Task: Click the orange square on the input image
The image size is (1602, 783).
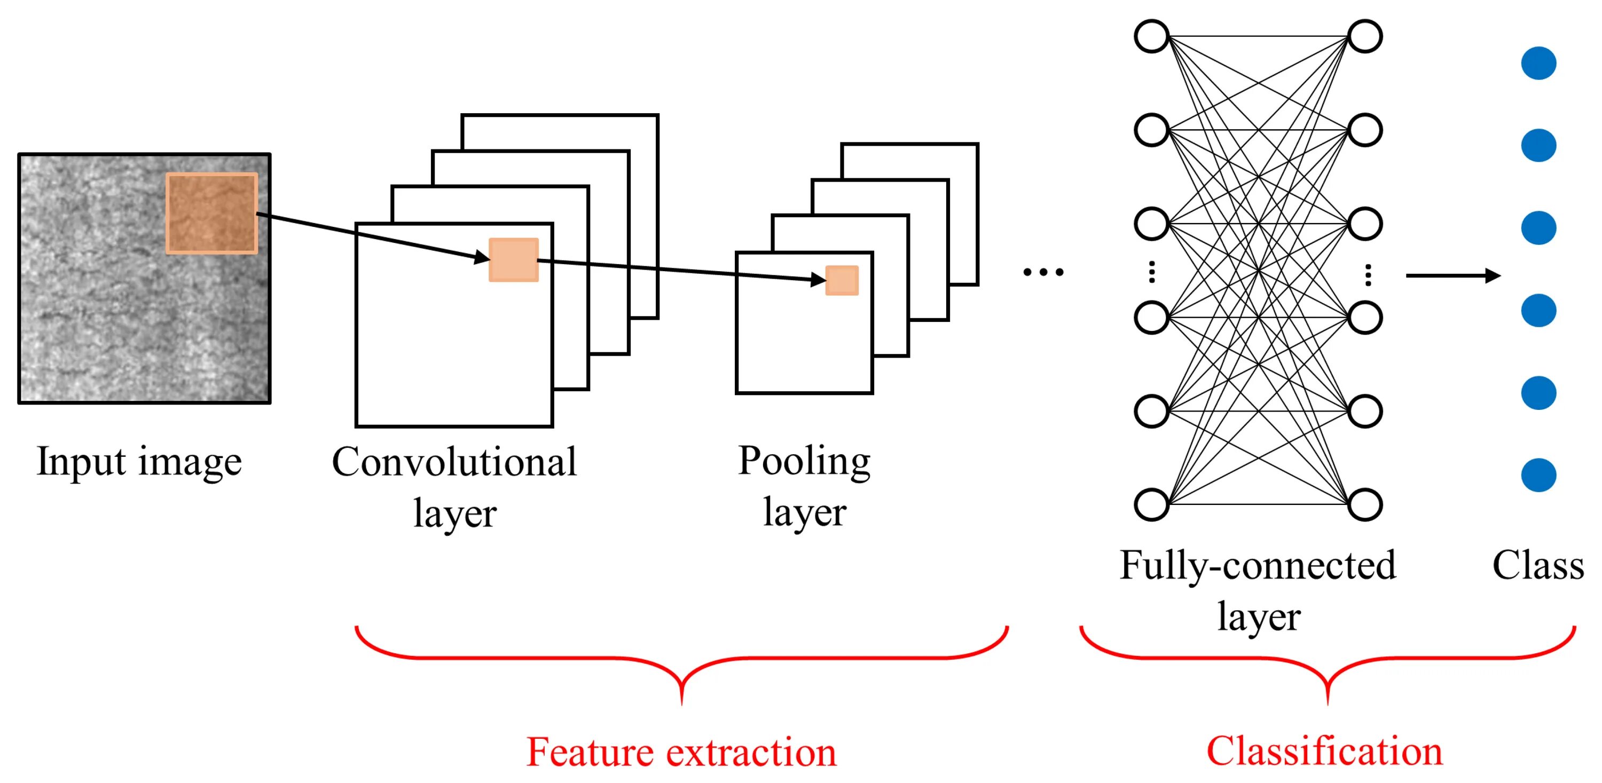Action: [x=211, y=213]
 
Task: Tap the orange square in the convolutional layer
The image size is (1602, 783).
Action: [x=514, y=260]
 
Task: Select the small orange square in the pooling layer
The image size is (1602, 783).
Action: [x=842, y=280]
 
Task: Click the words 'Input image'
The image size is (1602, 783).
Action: [x=139, y=462]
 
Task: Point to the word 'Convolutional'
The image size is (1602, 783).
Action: [x=454, y=462]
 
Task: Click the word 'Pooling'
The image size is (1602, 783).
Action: [x=804, y=462]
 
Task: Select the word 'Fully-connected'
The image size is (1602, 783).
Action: [x=1258, y=566]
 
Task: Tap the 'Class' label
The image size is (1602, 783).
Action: [x=1538, y=566]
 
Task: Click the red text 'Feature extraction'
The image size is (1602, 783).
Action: [x=681, y=752]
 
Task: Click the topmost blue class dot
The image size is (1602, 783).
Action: [x=1538, y=64]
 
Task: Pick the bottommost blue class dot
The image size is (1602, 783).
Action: [x=1538, y=475]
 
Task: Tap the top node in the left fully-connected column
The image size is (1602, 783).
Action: [x=1152, y=36]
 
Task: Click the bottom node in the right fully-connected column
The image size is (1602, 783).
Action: [x=1365, y=504]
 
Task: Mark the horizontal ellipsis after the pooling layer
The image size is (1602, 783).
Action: [x=1043, y=272]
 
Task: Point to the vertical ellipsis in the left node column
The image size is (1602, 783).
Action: [x=1152, y=272]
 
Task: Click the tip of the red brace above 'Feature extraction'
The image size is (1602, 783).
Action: [x=681, y=704]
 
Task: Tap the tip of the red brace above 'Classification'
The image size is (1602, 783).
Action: [x=1327, y=704]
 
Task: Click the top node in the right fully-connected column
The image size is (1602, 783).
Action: [x=1365, y=36]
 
